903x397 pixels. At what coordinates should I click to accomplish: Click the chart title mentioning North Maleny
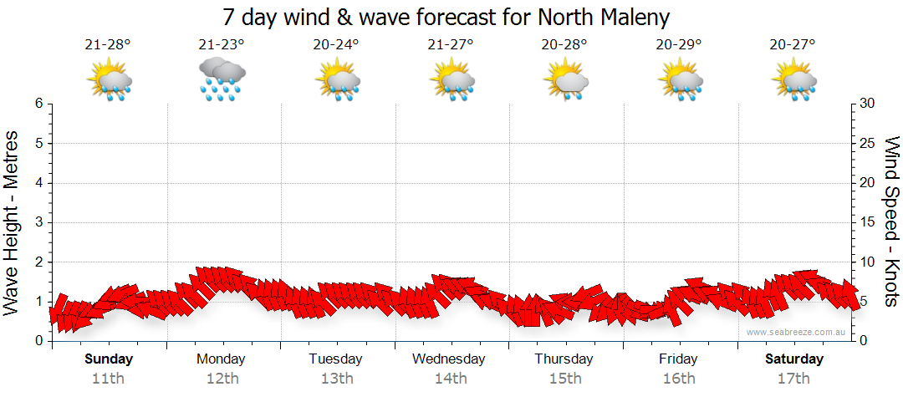point(446,18)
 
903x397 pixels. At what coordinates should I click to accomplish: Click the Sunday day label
point(108,359)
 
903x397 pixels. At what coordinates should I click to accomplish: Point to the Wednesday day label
point(449,359)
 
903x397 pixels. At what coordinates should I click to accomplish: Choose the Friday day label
point(678,359)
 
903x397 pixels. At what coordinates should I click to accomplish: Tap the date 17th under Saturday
point(793,378)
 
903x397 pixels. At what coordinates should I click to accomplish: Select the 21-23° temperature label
point(222,45)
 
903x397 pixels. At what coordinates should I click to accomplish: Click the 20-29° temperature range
point(678,45)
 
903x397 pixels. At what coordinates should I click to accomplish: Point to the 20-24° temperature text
point(336,45)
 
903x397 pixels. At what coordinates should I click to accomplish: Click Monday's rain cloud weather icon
point(222,79)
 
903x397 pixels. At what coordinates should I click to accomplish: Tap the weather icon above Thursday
point(565,80)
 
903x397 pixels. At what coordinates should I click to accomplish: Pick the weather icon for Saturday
point(793,80)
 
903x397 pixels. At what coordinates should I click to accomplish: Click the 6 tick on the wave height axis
point(38,104)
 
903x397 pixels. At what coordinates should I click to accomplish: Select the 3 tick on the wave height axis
point(38,222)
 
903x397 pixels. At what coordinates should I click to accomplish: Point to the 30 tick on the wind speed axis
point(868,104)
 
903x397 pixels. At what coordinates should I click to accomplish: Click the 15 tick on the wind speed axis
point(868,222)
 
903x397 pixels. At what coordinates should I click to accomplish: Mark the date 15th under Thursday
point(565,378)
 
